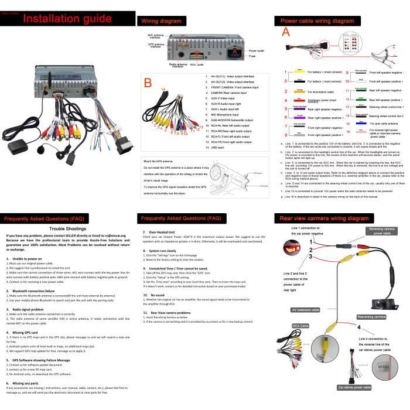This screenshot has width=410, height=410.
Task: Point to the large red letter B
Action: (x=148, y=83)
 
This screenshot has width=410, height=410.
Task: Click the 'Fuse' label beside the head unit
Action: (x=253, y=56)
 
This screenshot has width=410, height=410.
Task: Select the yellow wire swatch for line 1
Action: (x=299, y=70)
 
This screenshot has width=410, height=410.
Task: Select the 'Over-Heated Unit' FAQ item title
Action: (x=163, y=216)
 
